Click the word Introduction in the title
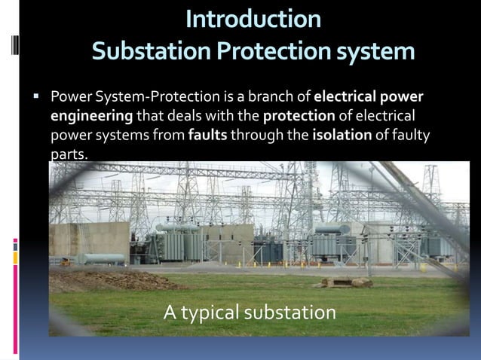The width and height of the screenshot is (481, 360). [x=253, y=18]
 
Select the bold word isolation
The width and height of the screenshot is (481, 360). [x=342, y=136]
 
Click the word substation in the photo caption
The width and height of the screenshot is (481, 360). [x=295, y=311]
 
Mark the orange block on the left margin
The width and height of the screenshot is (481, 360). [x=16, y=258]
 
